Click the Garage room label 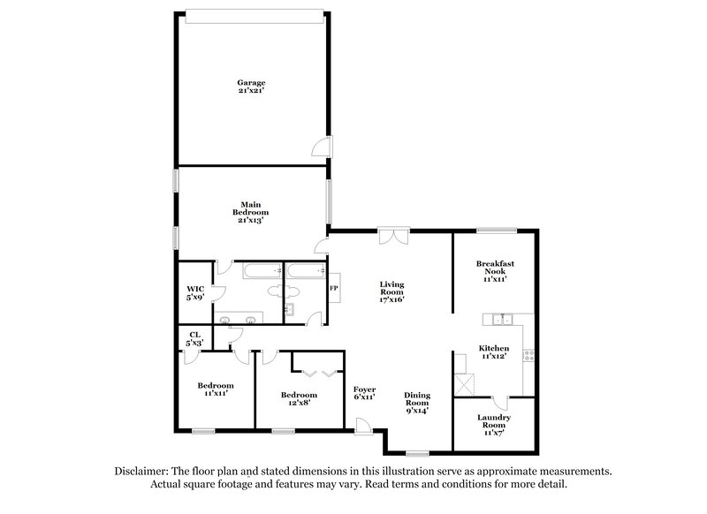point(250,87)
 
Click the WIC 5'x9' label point(195,293)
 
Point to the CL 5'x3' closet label point(194,338)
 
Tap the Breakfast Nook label point(495,269)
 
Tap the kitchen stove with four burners point(528,356)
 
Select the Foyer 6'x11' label point(365,393)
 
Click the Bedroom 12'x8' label point(298,399)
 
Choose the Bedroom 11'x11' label point(215,389)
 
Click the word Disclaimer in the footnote point(146,472)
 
